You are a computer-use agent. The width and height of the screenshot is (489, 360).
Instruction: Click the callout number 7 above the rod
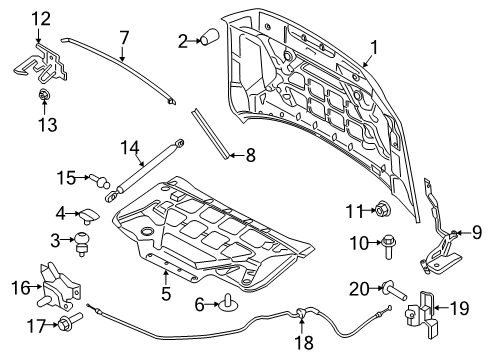click(x=123, y=38)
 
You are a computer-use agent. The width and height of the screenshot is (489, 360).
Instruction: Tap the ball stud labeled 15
click(x=99, y=179)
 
